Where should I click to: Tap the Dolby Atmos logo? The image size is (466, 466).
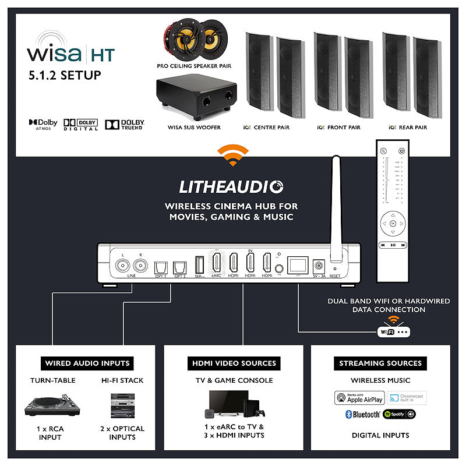[x=43, y=124]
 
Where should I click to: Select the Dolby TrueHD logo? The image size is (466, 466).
[x=124, y=124]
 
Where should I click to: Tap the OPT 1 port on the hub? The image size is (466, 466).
[x=160, y=266]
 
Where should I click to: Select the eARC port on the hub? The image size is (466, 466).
[x=217, y=263]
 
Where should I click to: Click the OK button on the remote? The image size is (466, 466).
[x=393, y=223]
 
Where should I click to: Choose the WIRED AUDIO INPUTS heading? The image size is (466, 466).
[x=87, y=363]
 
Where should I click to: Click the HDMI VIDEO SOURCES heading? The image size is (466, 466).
[x=234, y=363]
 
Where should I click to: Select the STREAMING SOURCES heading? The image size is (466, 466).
[x=380, y=363]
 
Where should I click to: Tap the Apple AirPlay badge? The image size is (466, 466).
[x=359, y=398]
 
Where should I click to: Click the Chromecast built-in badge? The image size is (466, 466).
[x=405, y=398]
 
